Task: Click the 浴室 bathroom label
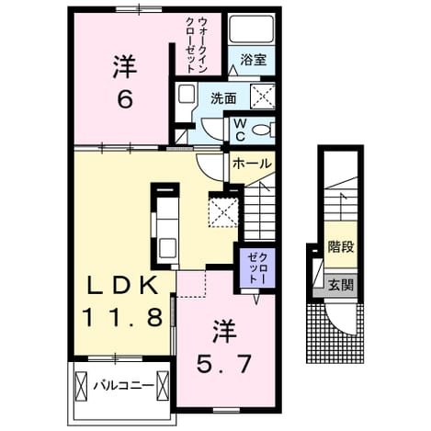pyautogui.click(x=253, y=60)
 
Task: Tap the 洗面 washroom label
pyautogui.click(x=223, y=98)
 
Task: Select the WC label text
pyautogui.click(x=240, y=130)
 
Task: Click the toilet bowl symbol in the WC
pyautogui.click(x=263, y=130)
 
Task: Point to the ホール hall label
pyautogui.click(x=252, y=164)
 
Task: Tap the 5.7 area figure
pyautogui.click(x=223, y=363)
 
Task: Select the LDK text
pyautogui.click(x=123, y=285)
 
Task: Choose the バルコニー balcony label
pyautogui.click(x=123, y=385)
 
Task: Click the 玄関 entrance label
pyautogui.click(x=341, y=285)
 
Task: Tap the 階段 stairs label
pyautogui.click(x=341, y=247)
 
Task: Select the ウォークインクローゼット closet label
pyautogui.click(x=197, y=44)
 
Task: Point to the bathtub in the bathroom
pyautogui.click(x=252, y=29)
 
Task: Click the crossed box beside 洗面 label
pyautogui.click(x=263, y=96)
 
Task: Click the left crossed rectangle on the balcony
pyautogui.click(x=81, y=386)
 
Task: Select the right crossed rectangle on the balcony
pyautogui.click(x=162, y=386)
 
